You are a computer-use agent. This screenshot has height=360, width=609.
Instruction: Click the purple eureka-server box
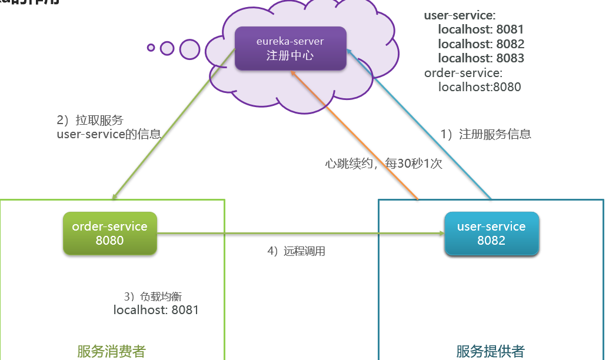[x=290, y=48]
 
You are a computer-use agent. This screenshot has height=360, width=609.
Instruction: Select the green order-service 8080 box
[x=109, y=233]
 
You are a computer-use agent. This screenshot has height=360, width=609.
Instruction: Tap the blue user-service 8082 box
[x=491, y=233]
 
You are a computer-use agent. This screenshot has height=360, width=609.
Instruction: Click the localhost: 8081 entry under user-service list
[x=481, y=29]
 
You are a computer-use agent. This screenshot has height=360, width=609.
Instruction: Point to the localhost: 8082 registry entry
[x=481, y=44]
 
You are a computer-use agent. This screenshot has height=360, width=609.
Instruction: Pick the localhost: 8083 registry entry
[x=481, y=58]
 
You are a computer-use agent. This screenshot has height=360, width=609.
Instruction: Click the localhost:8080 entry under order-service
[x=480, y=87]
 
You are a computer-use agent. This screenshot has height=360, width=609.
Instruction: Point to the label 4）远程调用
[x=296, y=251]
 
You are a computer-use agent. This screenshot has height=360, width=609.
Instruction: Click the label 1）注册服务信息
[x=486, y=134]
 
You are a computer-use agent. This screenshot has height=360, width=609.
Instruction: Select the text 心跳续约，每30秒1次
[x=383, y=164]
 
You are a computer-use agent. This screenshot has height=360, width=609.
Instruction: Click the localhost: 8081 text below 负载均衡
[x=156, y=310]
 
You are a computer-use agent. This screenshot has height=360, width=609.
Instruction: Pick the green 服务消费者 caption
[x=111, y=351]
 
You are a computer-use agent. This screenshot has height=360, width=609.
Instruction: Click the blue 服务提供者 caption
[x=490, y=351]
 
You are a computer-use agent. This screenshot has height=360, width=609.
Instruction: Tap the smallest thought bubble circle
[x=151, y=48]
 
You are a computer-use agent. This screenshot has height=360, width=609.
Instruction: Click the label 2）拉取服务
[x=90, y=121]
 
